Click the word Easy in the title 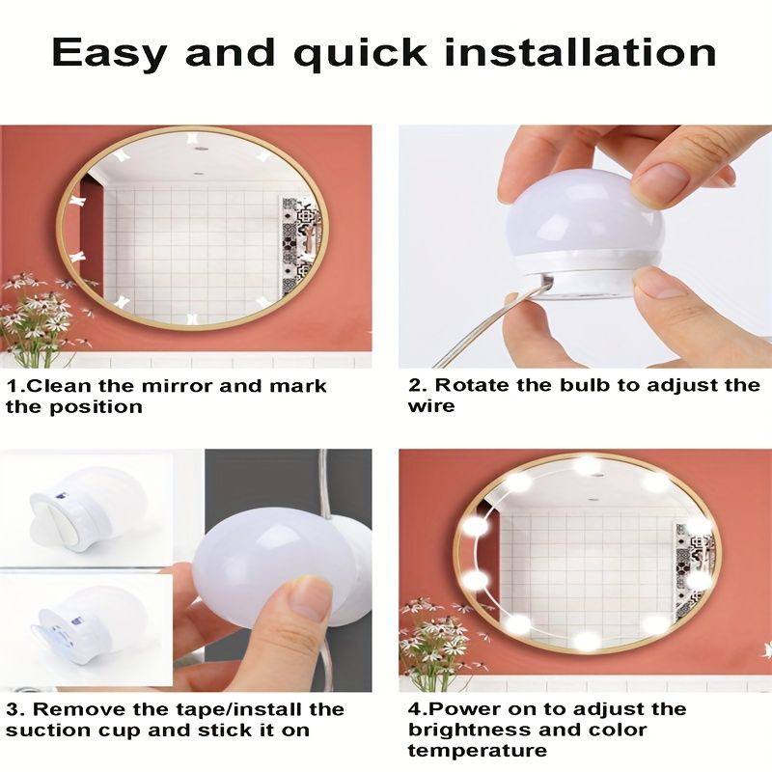(108, 53)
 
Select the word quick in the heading (360, 54)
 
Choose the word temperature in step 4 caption (477, 751)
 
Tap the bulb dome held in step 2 (585, 214)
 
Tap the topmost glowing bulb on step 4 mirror (587, 464)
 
